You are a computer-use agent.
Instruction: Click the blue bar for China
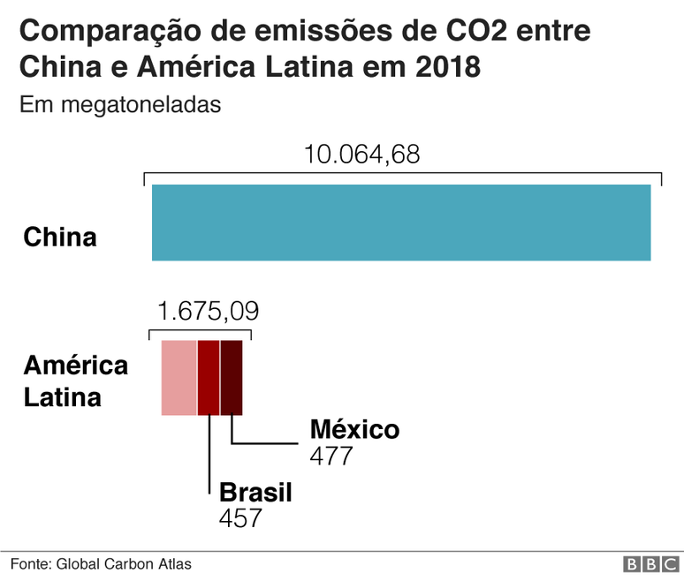pos(401,223)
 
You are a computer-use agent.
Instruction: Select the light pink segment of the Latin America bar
pos(179,378)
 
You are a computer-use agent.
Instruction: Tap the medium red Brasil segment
pos(209,378)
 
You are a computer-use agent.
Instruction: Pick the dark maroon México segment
pos(231,378)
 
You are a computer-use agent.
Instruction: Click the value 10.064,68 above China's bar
pos(362,155)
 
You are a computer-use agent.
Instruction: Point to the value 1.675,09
pos(208,312)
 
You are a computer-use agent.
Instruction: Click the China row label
pos(60,238)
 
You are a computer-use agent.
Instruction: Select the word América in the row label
pos(75,366)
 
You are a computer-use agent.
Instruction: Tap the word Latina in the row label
pos(62,397)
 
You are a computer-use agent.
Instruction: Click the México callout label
pos(354,430)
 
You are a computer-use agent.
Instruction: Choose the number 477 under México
pos(331,456)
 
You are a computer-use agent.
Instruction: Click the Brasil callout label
pos(255,492)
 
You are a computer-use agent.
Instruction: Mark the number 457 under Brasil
pos(240,518)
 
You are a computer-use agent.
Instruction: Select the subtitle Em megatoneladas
pos(119,105)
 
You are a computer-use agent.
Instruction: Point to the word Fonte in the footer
pos(30,564)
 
